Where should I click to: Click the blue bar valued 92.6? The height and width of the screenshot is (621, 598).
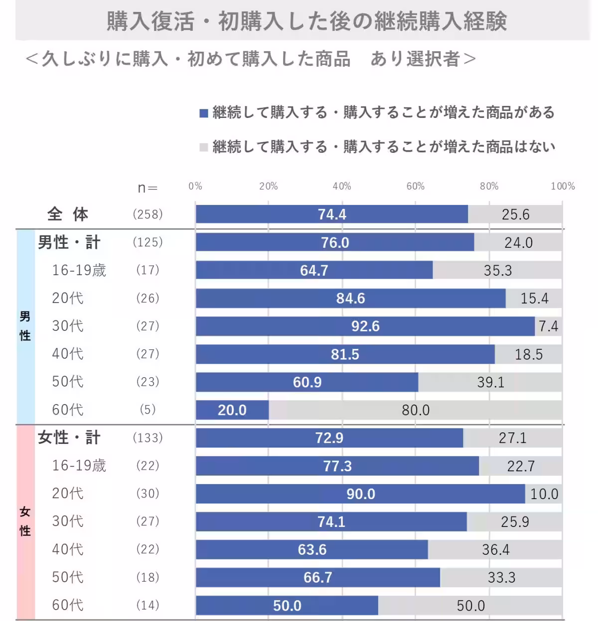(365, 326)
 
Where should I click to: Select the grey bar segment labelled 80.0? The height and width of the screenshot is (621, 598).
(416, 410)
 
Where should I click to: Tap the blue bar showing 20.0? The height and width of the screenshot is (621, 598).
(232, 410)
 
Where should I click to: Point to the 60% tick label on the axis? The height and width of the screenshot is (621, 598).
(415, 186)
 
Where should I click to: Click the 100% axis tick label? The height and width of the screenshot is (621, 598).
(562, 186)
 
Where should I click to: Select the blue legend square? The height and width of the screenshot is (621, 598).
(203, 113)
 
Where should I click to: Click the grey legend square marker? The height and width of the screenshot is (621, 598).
(203, 147)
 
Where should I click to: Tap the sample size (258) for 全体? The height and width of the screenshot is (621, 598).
(148, 214)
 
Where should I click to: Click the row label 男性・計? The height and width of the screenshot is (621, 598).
(69, 242)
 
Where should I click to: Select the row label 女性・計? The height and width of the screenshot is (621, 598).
(69, 438)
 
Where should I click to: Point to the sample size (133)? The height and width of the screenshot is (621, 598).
(148, 438)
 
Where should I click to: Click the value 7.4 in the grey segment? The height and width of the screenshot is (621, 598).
(548, 326)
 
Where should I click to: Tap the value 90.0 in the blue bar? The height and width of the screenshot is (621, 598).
(361, 494)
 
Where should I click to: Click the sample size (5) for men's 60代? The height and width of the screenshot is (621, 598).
(148, 410)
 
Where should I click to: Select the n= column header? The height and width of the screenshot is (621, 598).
(148, 188)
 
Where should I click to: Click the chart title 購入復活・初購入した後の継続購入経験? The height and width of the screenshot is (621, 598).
(306, 21)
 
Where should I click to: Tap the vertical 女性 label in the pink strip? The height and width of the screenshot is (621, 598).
(25, 521)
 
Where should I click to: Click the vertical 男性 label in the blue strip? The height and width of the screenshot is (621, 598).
(25, 326)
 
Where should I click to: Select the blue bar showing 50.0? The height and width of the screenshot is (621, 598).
(287, 606)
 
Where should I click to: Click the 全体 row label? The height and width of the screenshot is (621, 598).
(68, 214)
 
